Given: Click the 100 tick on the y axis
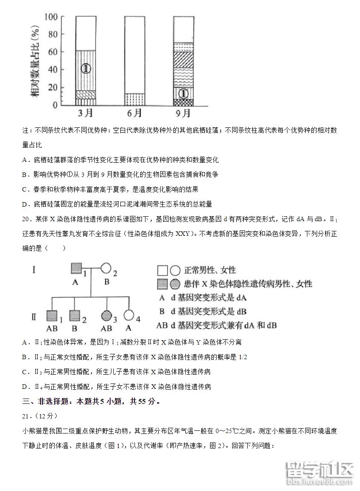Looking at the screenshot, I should point(52,17).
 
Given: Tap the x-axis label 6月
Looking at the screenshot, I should point(134,113).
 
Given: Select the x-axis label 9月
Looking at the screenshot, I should point(183,113).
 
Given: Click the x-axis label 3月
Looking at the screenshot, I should point(85,113).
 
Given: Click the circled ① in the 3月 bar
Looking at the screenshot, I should point(86,69).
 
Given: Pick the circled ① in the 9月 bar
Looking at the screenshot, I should point(184,93).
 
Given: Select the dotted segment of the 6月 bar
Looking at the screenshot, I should point(134,99).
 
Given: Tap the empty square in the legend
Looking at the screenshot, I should point(162,270).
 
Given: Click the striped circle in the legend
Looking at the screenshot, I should point(175,284).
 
